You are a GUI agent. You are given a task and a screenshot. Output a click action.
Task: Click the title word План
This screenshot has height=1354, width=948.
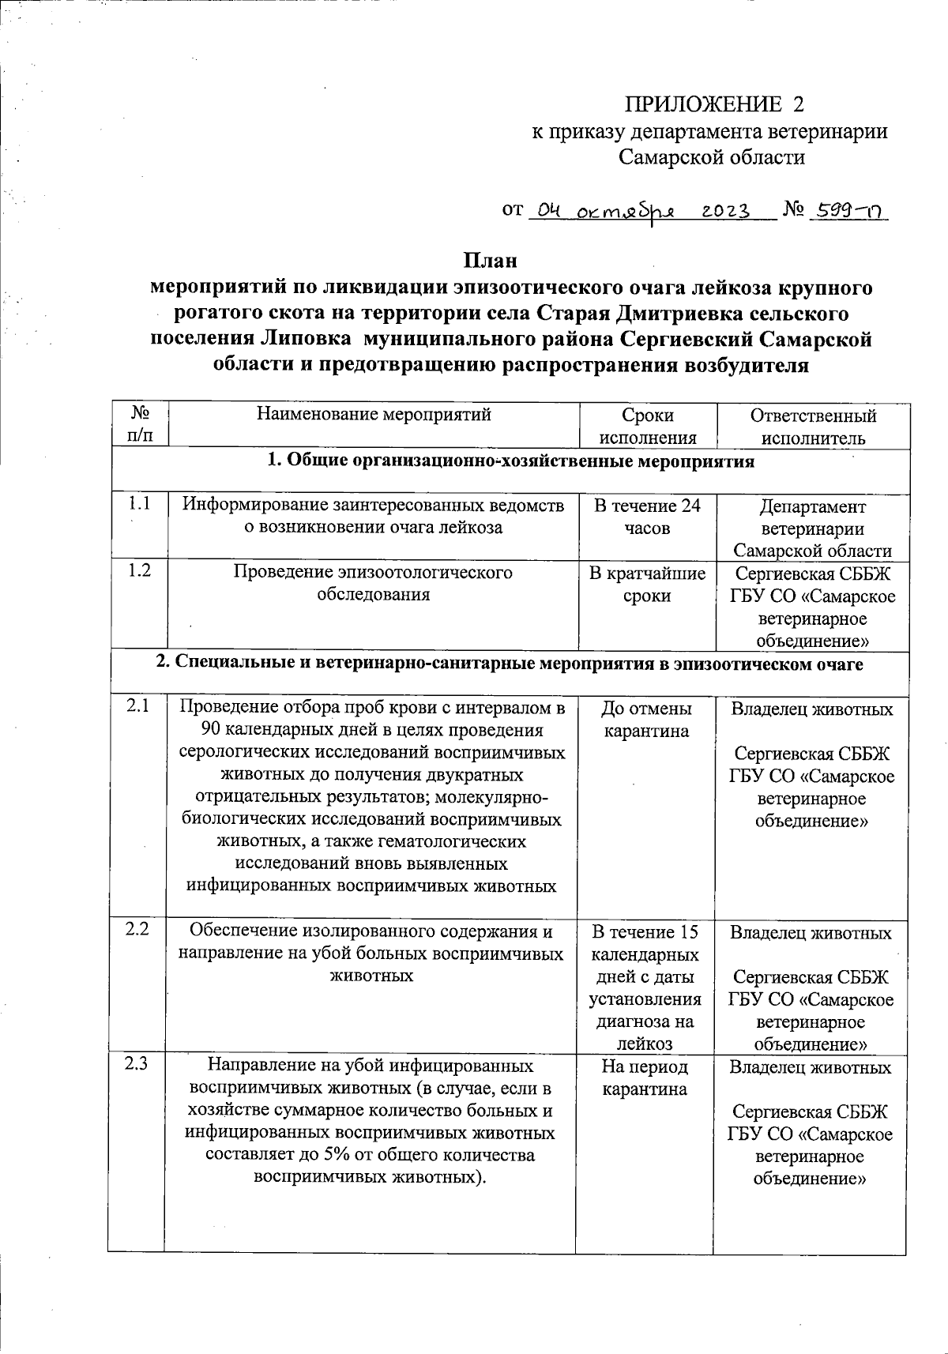click(489, 261)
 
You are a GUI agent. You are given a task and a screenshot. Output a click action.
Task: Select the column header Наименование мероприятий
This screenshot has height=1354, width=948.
click(374, 415)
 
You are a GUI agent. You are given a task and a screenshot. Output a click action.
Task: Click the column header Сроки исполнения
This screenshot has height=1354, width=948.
click(648, 427)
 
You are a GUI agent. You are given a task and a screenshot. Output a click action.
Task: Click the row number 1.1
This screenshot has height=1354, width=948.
click(139, 504)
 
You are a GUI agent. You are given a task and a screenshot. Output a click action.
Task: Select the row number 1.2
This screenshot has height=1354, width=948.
click(139, 570)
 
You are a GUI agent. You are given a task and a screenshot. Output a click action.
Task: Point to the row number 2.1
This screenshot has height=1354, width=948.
click(137, 707)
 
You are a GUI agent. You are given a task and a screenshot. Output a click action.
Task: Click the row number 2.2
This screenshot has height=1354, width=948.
click(137, 929)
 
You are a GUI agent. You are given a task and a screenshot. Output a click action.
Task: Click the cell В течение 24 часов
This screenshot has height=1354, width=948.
click(647, 517)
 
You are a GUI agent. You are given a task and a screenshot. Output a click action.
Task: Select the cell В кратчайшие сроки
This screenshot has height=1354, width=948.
click(647, 584)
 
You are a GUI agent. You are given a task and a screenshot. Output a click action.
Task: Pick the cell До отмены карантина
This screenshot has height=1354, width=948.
click(646, 719)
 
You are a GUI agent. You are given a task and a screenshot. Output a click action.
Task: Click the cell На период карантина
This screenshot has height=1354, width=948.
click(645, 1078)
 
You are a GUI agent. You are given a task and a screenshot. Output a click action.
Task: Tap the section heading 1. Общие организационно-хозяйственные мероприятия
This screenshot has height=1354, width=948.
click(510, 461)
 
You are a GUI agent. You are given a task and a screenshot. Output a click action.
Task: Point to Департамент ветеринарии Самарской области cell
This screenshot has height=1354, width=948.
click(812, 528)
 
